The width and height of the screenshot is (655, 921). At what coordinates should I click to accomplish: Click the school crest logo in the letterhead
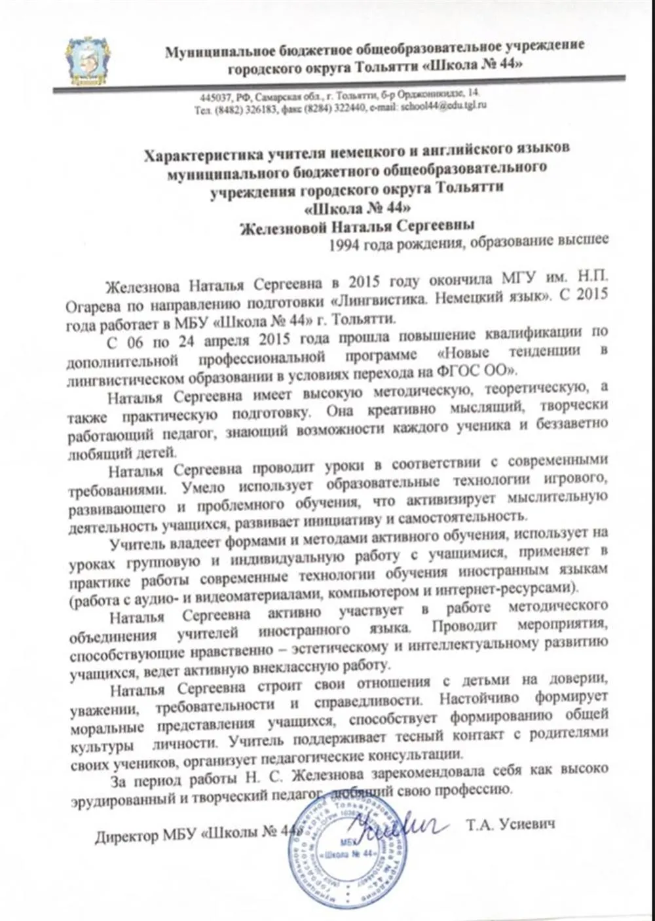88,60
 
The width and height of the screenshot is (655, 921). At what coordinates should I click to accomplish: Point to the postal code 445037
214,96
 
